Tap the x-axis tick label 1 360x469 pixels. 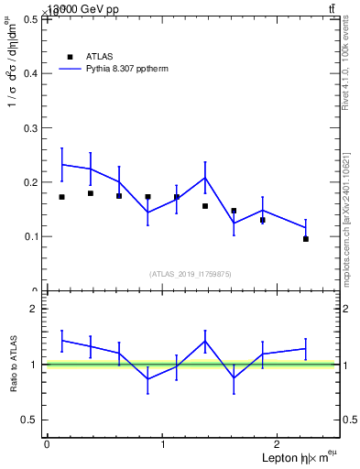point(163,444)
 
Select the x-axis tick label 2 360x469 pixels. point(279,444)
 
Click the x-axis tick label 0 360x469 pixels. point(47,444)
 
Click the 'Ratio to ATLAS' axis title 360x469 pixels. point(12,365)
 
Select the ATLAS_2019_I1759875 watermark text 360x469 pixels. point(191,273)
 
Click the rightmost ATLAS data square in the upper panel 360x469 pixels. point(306,239)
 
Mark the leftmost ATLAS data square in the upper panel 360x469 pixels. point(61,197)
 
